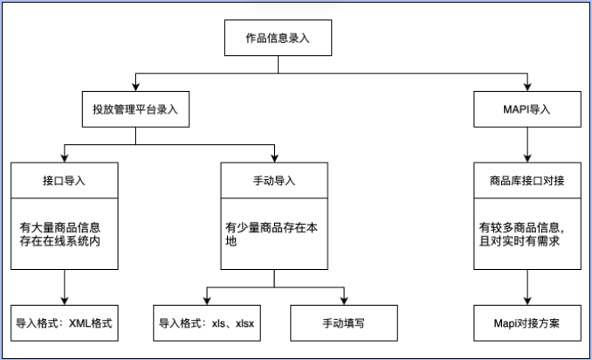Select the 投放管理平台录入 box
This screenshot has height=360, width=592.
pyautogui.click(x=135, y=110)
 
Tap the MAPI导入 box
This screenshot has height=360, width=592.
pyautogui.click(x=527, y=110)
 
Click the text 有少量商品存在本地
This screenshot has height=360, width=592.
pyautogui.click(x=273, y=233)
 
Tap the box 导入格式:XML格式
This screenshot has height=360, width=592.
pyautogui.click(x=64, y=322)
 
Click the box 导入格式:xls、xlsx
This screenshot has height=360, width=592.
pyautogui.click(x=205, y=322)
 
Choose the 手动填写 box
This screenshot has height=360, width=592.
pyautogui.click(x=343, y=322)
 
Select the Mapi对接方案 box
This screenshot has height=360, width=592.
pyautogui.click(x=527, y=322)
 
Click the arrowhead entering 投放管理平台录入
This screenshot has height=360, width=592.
pyautogui.click(x=135, y=87)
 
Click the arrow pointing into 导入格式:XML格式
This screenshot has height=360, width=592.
pyautogui.click(x=64, y=288)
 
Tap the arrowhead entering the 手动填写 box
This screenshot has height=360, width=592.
pyautogui.click(x=343, y=300)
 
